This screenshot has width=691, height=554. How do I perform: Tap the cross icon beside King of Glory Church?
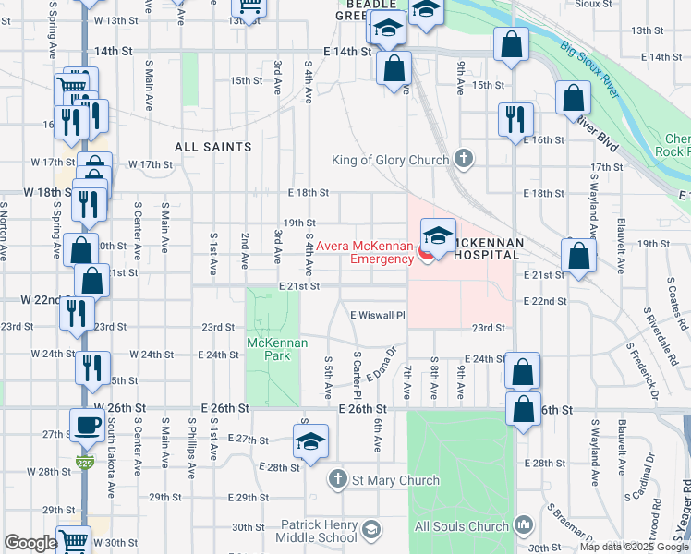[464, 160]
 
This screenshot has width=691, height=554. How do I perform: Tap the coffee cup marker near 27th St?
[88, 426]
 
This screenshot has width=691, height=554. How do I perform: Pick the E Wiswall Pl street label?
[378, 315]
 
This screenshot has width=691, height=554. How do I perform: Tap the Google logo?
[30, 543]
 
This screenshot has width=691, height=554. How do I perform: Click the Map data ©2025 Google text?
[633, 547]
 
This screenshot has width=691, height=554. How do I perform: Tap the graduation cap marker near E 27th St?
[310, 442]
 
